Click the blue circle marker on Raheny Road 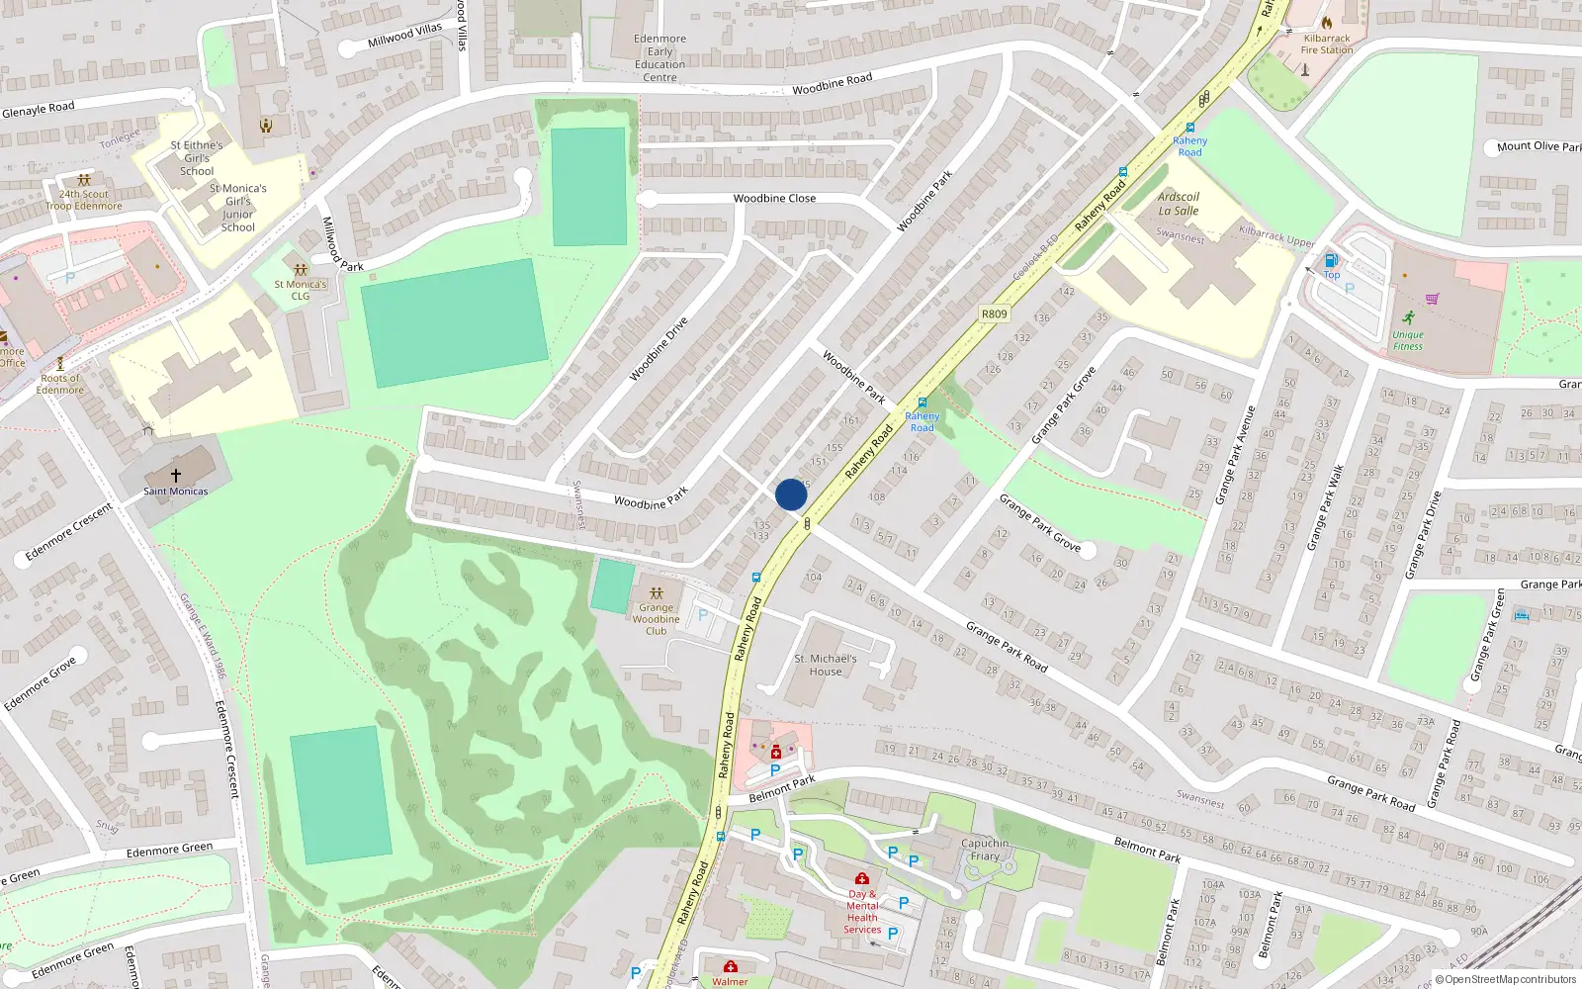[x=791, y=494]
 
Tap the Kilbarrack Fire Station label [x=1327, y=45]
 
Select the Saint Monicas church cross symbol [x=176, y=475]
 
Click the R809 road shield [x=994, y=315]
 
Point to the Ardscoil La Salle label [x=1179, y=204]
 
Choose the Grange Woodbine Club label [x=656, y=619]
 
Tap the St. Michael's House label [x=826, y=665]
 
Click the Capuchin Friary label [x=985, y=850]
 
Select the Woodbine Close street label [x=774, y=198]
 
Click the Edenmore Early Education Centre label [x=659, y=58]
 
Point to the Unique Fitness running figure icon [x=1408, y=317]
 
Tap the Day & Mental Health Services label [x=862, y=911]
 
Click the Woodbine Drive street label [x=659, y=349]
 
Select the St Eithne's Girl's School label [x=197, y=157]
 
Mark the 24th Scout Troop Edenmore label [x=84, y=200]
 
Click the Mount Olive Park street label [x=1538, y=146]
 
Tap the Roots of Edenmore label [x=60, y=384]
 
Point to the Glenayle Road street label [x=38, y=110]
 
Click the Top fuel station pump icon [x=1331, y=260]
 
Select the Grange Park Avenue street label [x=1235, y=455]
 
